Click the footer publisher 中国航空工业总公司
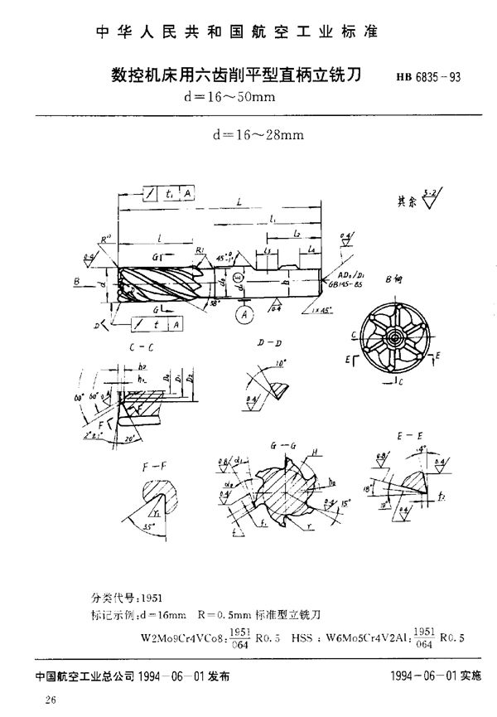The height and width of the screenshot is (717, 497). coord(80,676)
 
